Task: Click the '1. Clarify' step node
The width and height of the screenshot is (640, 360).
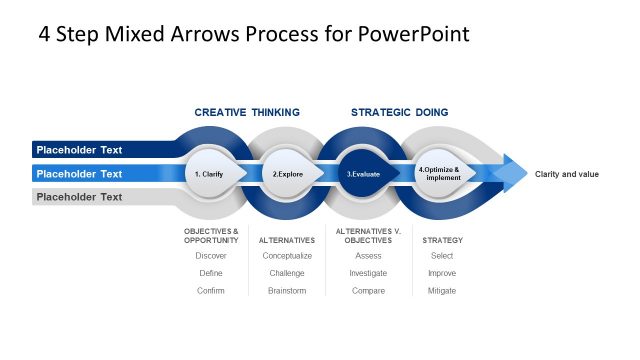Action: click(x=209, y=173)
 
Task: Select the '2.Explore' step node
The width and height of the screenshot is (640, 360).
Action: click(x=288, y=173)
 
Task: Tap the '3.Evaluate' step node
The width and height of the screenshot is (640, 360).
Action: click(x=363, y=173)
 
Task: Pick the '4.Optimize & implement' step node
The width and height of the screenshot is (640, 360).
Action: click(x=439, y=173)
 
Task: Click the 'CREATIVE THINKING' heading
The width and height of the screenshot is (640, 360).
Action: click(x=247, y=112)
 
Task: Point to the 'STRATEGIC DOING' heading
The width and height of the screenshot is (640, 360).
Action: click(x=399, y=112)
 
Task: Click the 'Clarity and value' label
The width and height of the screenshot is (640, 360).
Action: click(x=567, y=174)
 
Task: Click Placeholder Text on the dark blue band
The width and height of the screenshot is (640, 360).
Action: click(x=79, y=150)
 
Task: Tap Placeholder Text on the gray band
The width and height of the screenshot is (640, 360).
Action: click(x=79, y=197)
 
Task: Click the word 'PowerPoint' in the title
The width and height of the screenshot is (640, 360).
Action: click(x=411, y=34)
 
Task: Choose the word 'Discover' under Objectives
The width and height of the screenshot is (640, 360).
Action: click(x=211, y=256)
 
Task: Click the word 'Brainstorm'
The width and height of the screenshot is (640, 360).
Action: click(x=287, y=290)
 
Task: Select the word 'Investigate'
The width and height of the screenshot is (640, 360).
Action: click(x=368, y=273)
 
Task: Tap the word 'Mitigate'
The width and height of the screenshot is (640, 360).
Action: click(x=441, y=290)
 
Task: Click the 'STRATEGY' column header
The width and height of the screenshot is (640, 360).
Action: click(x=442, y=240)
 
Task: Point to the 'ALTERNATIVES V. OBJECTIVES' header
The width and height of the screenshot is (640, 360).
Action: click(x=368, y=236)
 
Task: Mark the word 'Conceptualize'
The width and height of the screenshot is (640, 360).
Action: click(x=287, y=256)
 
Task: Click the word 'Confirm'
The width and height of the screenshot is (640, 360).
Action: click(x=211, y=290)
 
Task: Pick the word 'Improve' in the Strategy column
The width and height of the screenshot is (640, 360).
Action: click(x=441, y=273)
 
